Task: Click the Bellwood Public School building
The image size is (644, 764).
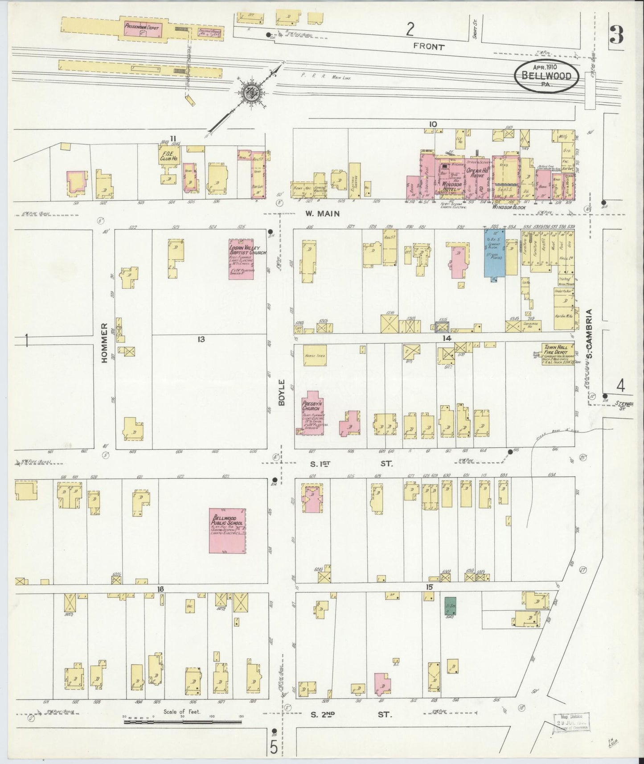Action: tap(228, 531)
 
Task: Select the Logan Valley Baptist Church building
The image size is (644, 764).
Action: tap(241, 256)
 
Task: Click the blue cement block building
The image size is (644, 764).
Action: tap(494, 253)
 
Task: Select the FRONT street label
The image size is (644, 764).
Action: tap(429, 46)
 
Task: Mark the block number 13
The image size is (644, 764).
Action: tap(201, 339)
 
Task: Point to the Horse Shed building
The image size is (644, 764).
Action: tap(315, 355)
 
